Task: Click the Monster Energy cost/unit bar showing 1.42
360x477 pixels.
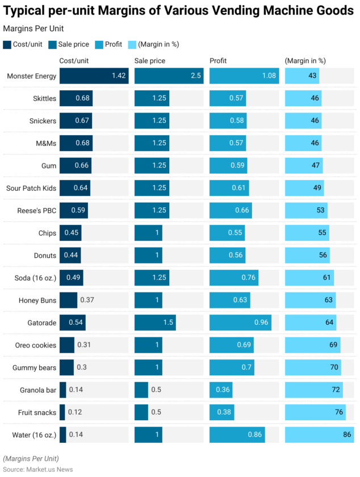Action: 94,76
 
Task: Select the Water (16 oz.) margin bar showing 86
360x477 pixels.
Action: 319,435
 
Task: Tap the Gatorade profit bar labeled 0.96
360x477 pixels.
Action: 240,323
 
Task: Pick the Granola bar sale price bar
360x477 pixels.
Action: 141,390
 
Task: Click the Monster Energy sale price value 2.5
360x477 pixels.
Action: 195,76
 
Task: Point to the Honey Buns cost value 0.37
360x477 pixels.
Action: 87,300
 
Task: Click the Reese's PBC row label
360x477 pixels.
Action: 38,211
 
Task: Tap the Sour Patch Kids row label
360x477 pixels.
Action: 31,188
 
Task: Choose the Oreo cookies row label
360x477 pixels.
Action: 36,345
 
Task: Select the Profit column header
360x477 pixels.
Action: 219,61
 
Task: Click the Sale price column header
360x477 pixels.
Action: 149,61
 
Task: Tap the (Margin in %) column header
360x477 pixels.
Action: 305,61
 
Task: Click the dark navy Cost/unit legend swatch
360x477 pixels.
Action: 7,44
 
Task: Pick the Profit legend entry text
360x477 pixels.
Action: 113,44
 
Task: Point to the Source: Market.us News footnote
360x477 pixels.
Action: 38,469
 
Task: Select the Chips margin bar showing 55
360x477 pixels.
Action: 307,233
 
